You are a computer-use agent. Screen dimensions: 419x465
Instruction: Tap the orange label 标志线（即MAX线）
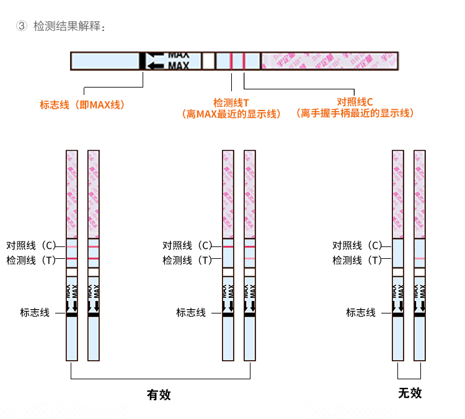pyautogui.click(x=82, y=105)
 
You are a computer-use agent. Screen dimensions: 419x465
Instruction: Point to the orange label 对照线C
pyautogui.click(x=355, y=102)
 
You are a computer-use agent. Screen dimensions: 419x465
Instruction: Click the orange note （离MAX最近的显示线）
pyautogui.click(x=231, y=114)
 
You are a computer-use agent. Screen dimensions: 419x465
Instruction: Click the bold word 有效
pyautogui.click(x=158, y=394)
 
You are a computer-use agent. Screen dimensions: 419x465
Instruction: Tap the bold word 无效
pyautogui.click(x=409, y=393)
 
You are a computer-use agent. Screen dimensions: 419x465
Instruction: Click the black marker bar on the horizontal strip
pyautogui.click(x=142, y=61)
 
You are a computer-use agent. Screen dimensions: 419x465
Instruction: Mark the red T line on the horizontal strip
pyautogui.click(x=231, y=61)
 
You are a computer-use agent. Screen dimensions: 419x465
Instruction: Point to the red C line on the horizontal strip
pyautogui.click(x=244, y=61)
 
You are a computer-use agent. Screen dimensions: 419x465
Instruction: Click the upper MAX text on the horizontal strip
pyautogui.click(x=179, y=55)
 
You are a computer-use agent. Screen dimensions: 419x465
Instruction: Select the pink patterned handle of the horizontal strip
pyautogui.click(x=329, y=61)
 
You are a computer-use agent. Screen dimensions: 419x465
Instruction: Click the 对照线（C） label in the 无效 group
pyautogui.click(x=357, y=246)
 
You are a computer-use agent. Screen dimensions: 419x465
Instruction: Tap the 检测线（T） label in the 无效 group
pyautogui.click(x=357, y=261)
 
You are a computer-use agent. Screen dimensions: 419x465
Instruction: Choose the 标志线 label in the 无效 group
pyautogui.click(x=361, y=313)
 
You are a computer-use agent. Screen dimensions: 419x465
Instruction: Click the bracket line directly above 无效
pyautogui.click(x=409, y=378)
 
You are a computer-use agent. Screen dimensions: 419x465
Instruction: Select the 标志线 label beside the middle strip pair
pyautogui.click(x=191, y=313)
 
